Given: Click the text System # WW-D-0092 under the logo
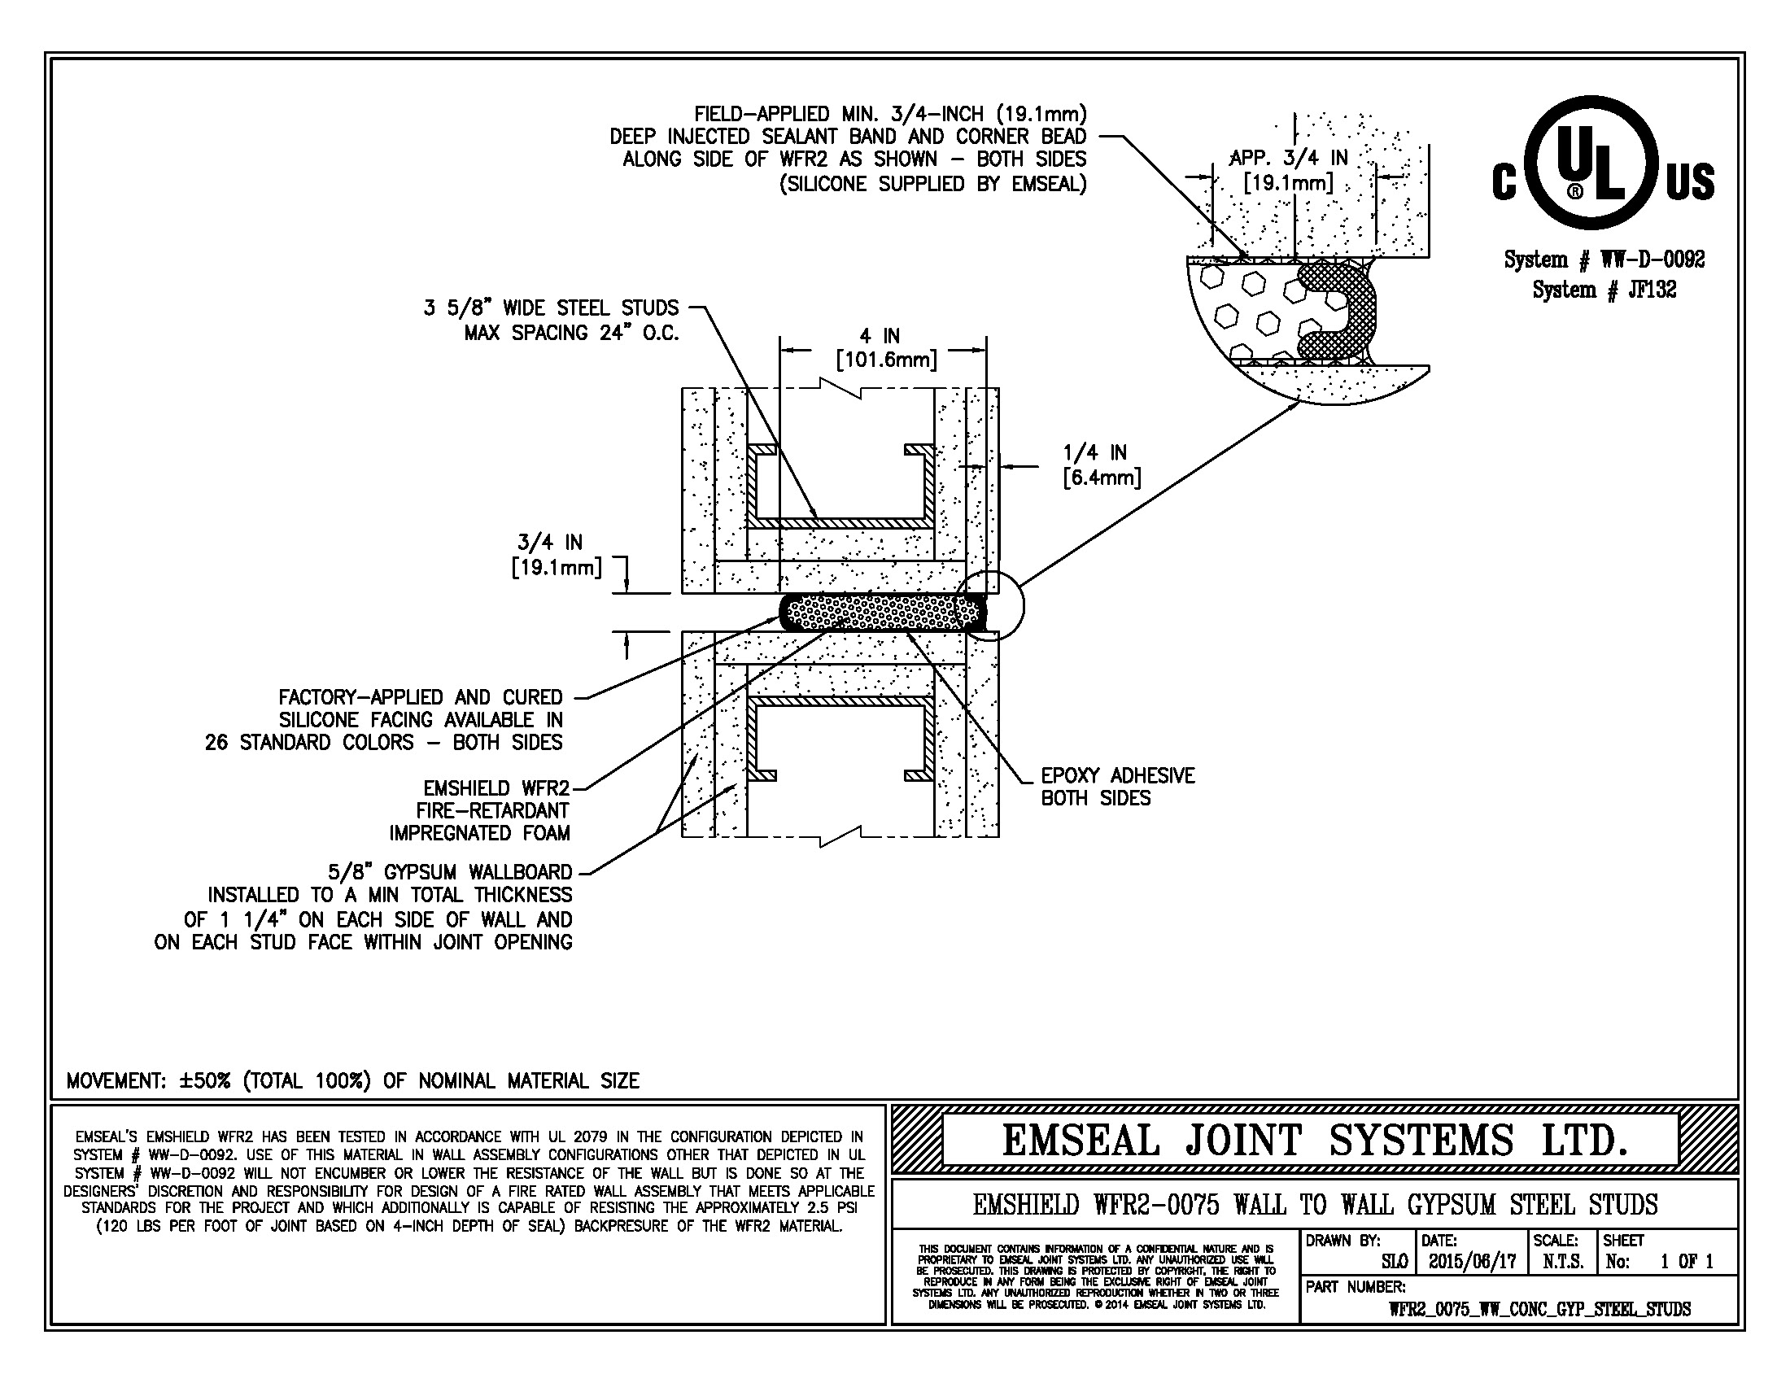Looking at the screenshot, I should point(1604,260).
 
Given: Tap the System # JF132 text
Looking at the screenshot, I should point(1604,290).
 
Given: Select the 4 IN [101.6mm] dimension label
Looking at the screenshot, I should point(884,347).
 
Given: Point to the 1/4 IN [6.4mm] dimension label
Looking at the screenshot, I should point(1101,465).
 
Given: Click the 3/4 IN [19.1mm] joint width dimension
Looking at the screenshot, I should point(555,554).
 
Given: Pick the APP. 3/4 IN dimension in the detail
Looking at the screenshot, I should point(1289,169).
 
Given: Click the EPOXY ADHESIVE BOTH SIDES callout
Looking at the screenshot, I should point(1117,787).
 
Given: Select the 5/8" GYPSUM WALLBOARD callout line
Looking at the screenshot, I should point(449,872).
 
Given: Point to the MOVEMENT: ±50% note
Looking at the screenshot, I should point(352,1080).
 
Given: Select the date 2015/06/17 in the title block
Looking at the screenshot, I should point(1472,1262).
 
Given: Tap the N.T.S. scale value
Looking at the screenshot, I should point(1563,1262).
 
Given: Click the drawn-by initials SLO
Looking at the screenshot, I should point(1394,1262).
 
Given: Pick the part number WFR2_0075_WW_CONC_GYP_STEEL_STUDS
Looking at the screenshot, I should point(1539,1309).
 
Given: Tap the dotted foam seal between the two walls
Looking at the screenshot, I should point(877,612).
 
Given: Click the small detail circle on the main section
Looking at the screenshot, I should point(989,604).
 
